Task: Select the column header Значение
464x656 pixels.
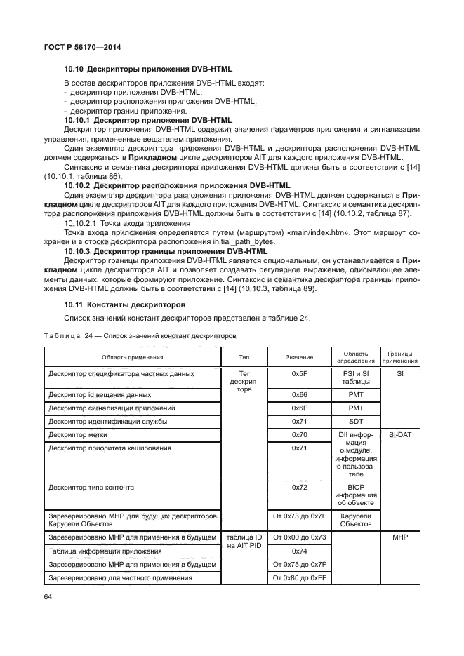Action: point(299,357)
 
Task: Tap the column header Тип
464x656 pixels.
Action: point(244,357)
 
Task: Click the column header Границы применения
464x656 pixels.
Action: point(400,357)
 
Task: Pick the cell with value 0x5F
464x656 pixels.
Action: point(299,375)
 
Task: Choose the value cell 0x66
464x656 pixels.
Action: point(299,395)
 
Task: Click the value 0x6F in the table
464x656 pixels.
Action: point(299,408)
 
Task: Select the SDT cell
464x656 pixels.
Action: point(355,422)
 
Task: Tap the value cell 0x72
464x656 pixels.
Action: point(299,486)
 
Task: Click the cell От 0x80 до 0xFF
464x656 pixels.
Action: point(299,578)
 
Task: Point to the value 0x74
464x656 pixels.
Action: point(299,551)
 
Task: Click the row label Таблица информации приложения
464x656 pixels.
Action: point(105,551)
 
